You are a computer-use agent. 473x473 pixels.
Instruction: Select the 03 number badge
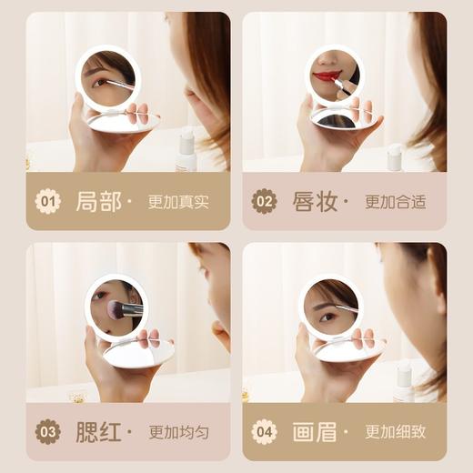pyautogui.click(x=47, y=431)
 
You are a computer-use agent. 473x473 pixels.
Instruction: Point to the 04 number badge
pyautogui.click(x=264, y=431)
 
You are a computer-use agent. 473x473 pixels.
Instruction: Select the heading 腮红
pyautogui.click(x=98, y=431)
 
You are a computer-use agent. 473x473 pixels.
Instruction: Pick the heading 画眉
pyautogui.click(x=315, y=431)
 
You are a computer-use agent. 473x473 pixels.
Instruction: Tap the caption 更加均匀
pyautogui.click(x=178, y=432)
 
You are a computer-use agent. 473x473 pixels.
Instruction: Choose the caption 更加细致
pyautogui.click(x=395, y=432)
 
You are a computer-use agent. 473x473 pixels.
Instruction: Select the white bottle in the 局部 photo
pyautogui.click(x=186, y=152)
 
